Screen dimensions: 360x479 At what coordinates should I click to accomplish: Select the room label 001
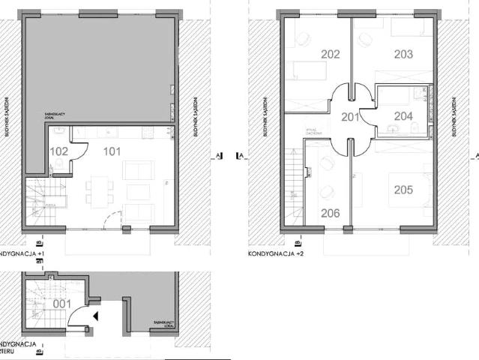[61, 304]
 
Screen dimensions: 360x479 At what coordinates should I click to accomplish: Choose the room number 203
[403, 54]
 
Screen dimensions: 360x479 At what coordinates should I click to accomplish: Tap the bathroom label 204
[403, 116]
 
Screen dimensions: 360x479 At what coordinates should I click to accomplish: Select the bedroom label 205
[403, 190]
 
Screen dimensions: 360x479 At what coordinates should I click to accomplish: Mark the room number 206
[331, 213]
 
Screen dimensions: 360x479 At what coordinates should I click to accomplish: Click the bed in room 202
[308, 71]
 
